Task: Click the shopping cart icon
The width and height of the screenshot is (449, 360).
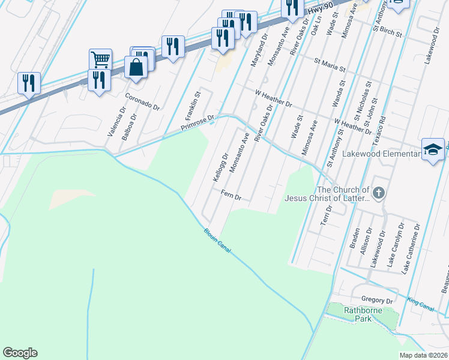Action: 100,59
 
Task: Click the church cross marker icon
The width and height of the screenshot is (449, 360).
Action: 378,193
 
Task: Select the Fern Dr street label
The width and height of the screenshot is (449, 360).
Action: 231,196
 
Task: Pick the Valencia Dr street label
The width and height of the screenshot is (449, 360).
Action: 112,124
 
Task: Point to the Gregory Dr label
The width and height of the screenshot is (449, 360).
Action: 376,299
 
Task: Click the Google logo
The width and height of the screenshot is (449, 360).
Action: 20,353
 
